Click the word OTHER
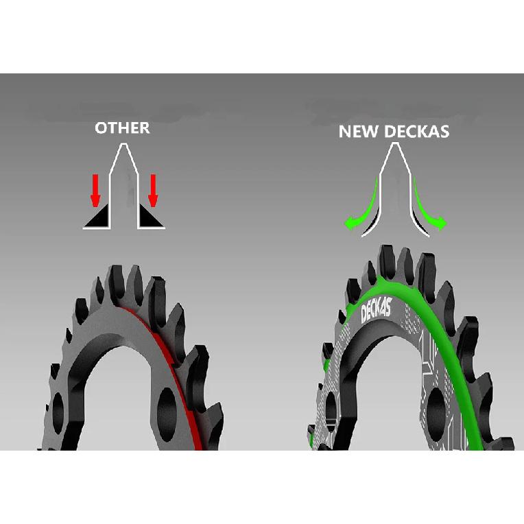122,128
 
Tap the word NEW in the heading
359,131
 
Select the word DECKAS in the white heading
417,131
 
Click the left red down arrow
95,190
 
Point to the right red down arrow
153,190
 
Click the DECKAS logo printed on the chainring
377,311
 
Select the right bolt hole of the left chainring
167,414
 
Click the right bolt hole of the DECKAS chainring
436,414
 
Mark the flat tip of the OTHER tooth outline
124,144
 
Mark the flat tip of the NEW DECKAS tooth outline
395,144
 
